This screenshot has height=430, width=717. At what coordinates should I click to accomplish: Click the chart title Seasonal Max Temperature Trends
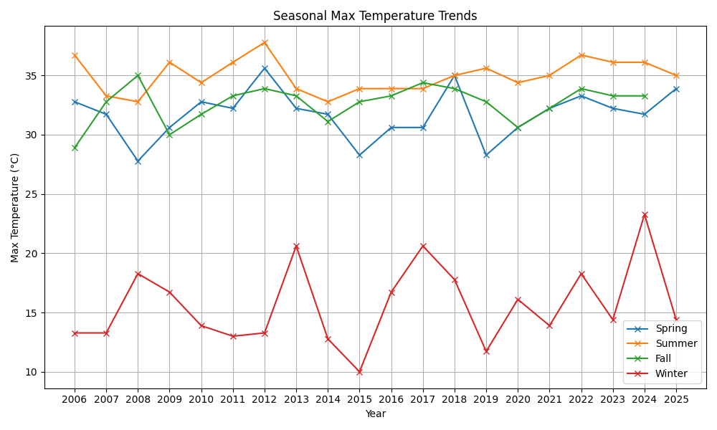pos(375,16)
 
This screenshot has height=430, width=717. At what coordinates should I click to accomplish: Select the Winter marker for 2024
pos(645,215)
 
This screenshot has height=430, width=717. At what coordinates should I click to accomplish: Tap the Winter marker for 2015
pos(359,372)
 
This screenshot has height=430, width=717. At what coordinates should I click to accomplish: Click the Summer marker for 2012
pos(265,42)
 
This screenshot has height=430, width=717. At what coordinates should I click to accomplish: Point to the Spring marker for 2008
pos(138,161)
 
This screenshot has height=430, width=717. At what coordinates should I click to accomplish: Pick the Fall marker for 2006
pos(75,148)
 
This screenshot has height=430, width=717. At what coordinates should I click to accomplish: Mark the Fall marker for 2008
pos(138,75)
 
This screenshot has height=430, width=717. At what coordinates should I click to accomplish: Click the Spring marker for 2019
pos(486,156)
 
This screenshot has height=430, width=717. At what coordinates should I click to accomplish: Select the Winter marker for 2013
pos(296,247)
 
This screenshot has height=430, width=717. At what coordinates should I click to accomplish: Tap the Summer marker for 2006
pos(75,55)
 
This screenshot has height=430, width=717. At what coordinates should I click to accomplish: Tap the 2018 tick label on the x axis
pos(455,399)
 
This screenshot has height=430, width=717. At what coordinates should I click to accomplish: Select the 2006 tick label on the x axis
pos(75,399)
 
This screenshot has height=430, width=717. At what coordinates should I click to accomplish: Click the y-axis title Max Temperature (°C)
pos(14,208)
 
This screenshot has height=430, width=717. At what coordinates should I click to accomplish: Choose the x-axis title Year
pos(376,414)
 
